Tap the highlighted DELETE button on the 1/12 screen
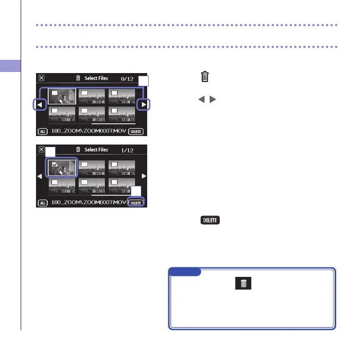click(137, 203)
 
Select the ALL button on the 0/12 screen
click(42, 131)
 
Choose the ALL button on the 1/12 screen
click(42, 203)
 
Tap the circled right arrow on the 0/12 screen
click(143, 104)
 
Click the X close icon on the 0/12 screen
click(41, 78)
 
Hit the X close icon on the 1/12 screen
click(41, 149)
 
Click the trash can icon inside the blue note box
click(244, 284)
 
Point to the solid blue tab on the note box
click(185, 272)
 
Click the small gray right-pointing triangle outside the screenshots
click(210, 100)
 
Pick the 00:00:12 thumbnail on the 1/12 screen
click(62, 185)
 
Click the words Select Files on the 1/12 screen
click(96, 150)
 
